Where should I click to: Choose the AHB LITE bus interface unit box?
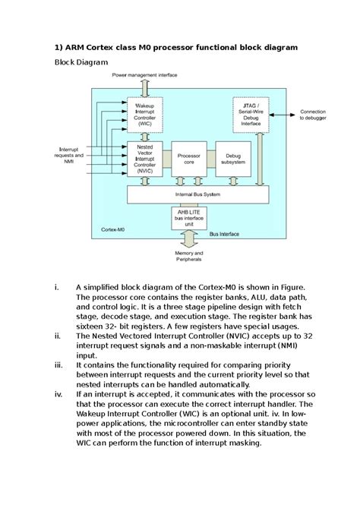pos(189,219)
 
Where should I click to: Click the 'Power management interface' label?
pos(144,75)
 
